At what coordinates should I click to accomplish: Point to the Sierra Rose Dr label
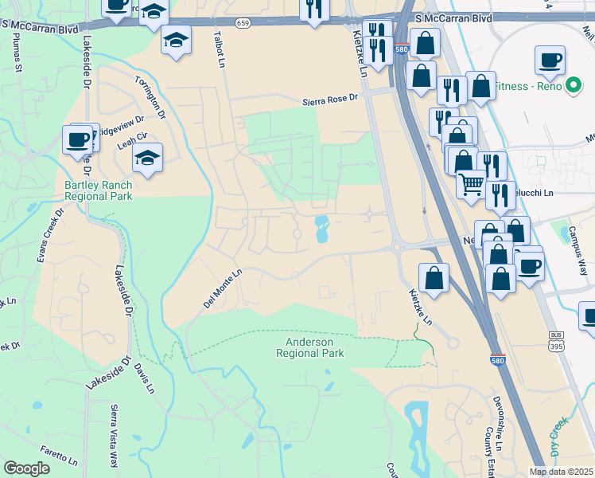332,100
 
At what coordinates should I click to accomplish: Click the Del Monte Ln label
222,288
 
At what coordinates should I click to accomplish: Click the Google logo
26,468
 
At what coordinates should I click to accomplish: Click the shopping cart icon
472,185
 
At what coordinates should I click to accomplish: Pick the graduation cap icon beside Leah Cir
148,159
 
